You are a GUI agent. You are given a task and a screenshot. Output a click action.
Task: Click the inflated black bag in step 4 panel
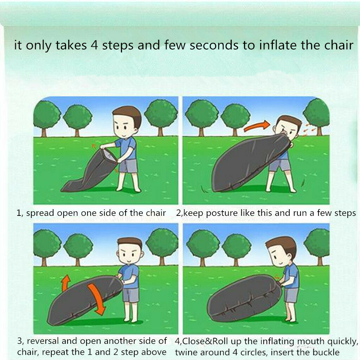(243, 298)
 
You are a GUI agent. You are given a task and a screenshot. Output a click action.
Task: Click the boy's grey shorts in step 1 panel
(128, 165)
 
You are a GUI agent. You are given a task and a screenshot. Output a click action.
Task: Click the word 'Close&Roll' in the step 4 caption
(207, 341)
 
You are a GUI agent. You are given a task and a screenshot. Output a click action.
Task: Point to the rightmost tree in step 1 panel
(161, 114)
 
